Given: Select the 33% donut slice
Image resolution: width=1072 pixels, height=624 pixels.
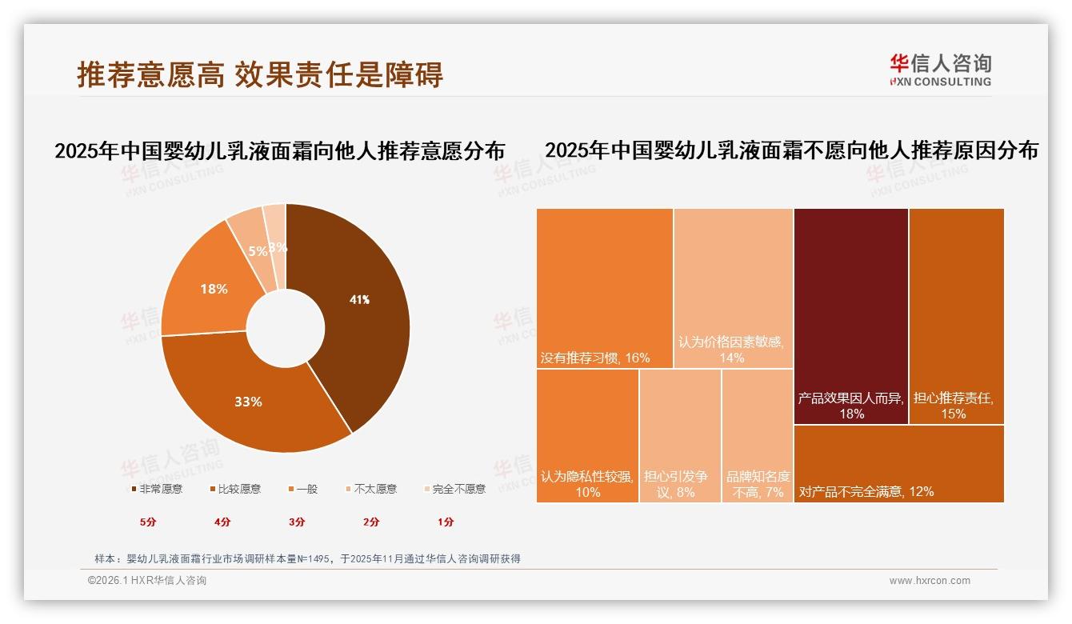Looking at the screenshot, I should [248, 402].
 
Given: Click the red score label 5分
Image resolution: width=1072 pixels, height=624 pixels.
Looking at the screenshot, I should [148, 522].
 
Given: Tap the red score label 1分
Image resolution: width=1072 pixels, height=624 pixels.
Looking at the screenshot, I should [446, 522].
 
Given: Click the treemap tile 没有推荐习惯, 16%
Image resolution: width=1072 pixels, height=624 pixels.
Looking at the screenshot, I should [604, 288].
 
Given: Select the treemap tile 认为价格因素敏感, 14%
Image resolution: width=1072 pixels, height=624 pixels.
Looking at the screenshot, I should [733, 288].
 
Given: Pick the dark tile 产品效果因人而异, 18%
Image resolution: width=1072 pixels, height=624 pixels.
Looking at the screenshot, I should [850, 316].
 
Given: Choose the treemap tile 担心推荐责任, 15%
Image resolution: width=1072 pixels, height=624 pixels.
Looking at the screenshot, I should [956, 316].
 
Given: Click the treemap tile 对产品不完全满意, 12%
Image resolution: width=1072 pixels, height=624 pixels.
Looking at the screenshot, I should [898, 464].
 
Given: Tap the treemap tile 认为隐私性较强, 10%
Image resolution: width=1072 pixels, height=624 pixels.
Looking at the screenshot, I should [587, 436].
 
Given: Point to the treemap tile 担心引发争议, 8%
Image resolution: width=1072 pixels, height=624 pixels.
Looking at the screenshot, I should [679, 436].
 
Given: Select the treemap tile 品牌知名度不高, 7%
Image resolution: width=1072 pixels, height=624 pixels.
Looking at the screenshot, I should [757, 436].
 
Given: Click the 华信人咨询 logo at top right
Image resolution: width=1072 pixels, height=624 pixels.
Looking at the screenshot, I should [940, 70].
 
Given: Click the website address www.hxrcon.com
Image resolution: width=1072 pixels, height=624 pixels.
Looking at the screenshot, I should [930, 581].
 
